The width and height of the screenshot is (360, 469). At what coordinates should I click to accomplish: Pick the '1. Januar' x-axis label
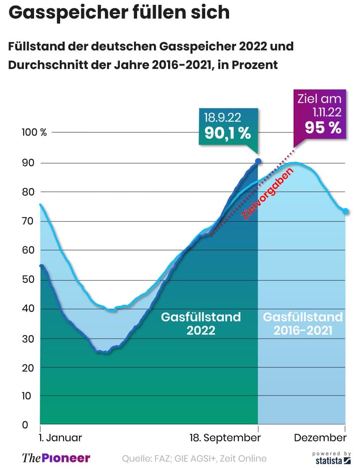[61, 438]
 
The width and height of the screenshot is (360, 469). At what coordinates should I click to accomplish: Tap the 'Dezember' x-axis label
[320, 438]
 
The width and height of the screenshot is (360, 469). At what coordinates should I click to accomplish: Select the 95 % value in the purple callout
[323, 127]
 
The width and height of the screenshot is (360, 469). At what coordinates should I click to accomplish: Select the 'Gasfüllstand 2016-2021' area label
[303, 323]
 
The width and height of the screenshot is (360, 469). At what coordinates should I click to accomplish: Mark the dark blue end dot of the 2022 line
[258, 161]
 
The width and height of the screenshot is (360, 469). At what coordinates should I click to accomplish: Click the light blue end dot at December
[345, 211]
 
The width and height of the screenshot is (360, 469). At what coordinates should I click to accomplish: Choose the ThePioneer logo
[56, 458]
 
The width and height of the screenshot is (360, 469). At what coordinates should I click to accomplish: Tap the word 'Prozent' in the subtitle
[253, 65]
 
